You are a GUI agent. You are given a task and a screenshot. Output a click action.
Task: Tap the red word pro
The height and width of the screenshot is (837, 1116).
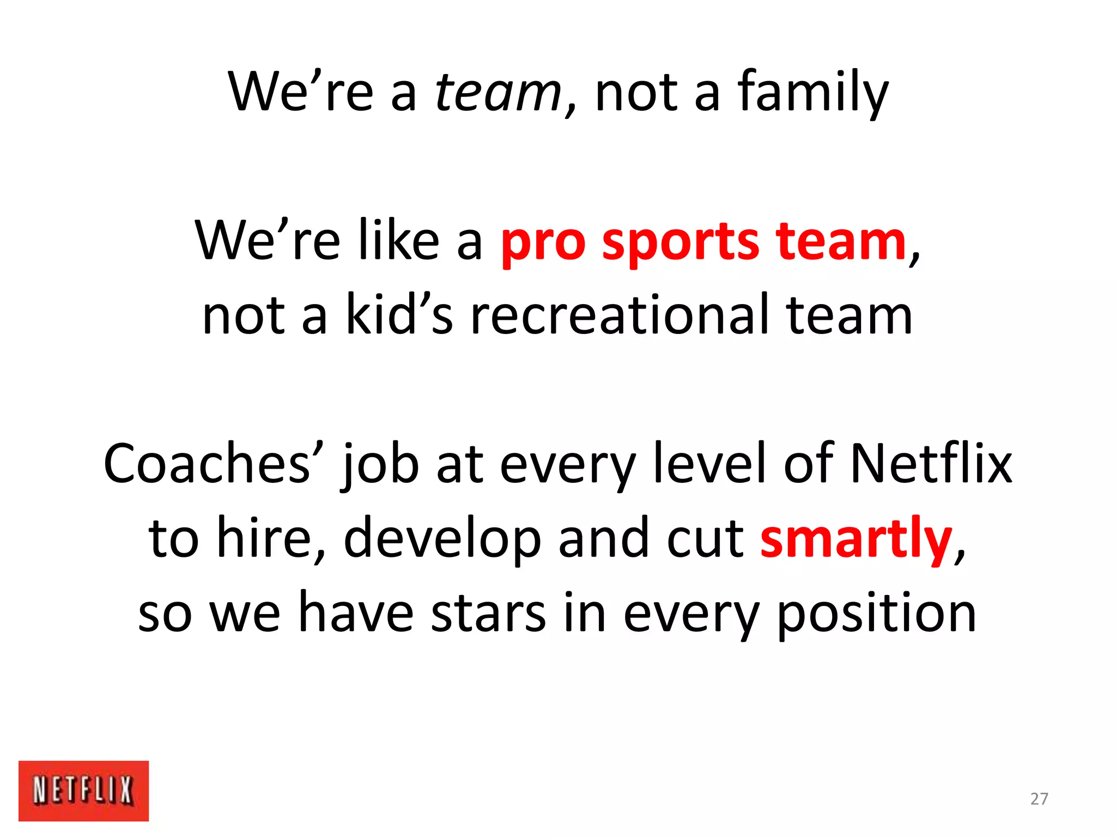click(543, 242)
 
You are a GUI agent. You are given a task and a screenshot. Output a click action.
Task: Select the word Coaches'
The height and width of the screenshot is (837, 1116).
click(214, 464)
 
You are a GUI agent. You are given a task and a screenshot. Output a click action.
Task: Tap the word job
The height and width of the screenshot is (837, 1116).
click(380, 464)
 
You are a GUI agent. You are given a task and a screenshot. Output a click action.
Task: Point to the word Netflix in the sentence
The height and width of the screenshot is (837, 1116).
click(931, 464)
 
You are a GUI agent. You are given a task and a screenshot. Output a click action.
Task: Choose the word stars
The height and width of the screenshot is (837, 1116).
click(488, 614)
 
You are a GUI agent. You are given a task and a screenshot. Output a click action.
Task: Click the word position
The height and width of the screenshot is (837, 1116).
click(876, 614)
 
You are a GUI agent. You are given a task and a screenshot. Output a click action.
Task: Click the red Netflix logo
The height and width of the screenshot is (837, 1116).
click(83, 790)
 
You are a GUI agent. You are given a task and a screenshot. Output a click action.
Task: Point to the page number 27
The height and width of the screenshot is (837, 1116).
click(1039, 799)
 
